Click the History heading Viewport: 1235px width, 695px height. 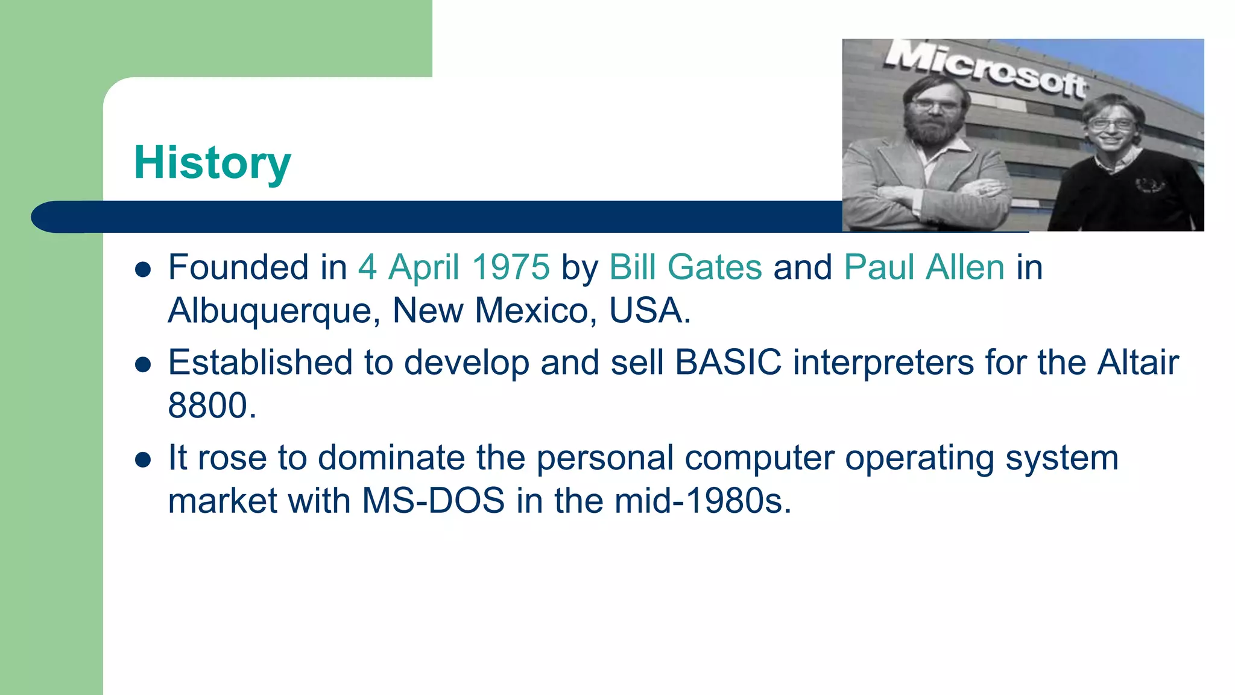click(212, 163)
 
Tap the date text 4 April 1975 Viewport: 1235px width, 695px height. click(453, 267)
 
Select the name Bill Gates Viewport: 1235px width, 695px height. click(686, 267)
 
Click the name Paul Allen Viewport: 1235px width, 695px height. click(924, 267)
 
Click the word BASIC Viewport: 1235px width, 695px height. click(728, 363)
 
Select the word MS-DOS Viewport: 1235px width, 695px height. click(433, 501)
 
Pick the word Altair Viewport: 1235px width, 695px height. click(1137, 363)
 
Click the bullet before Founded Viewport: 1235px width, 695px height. click(143, 270)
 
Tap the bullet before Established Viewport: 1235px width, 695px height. click(143, 364)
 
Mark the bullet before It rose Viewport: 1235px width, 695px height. click(143, 460)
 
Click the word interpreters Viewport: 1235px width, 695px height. click(883, 363)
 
